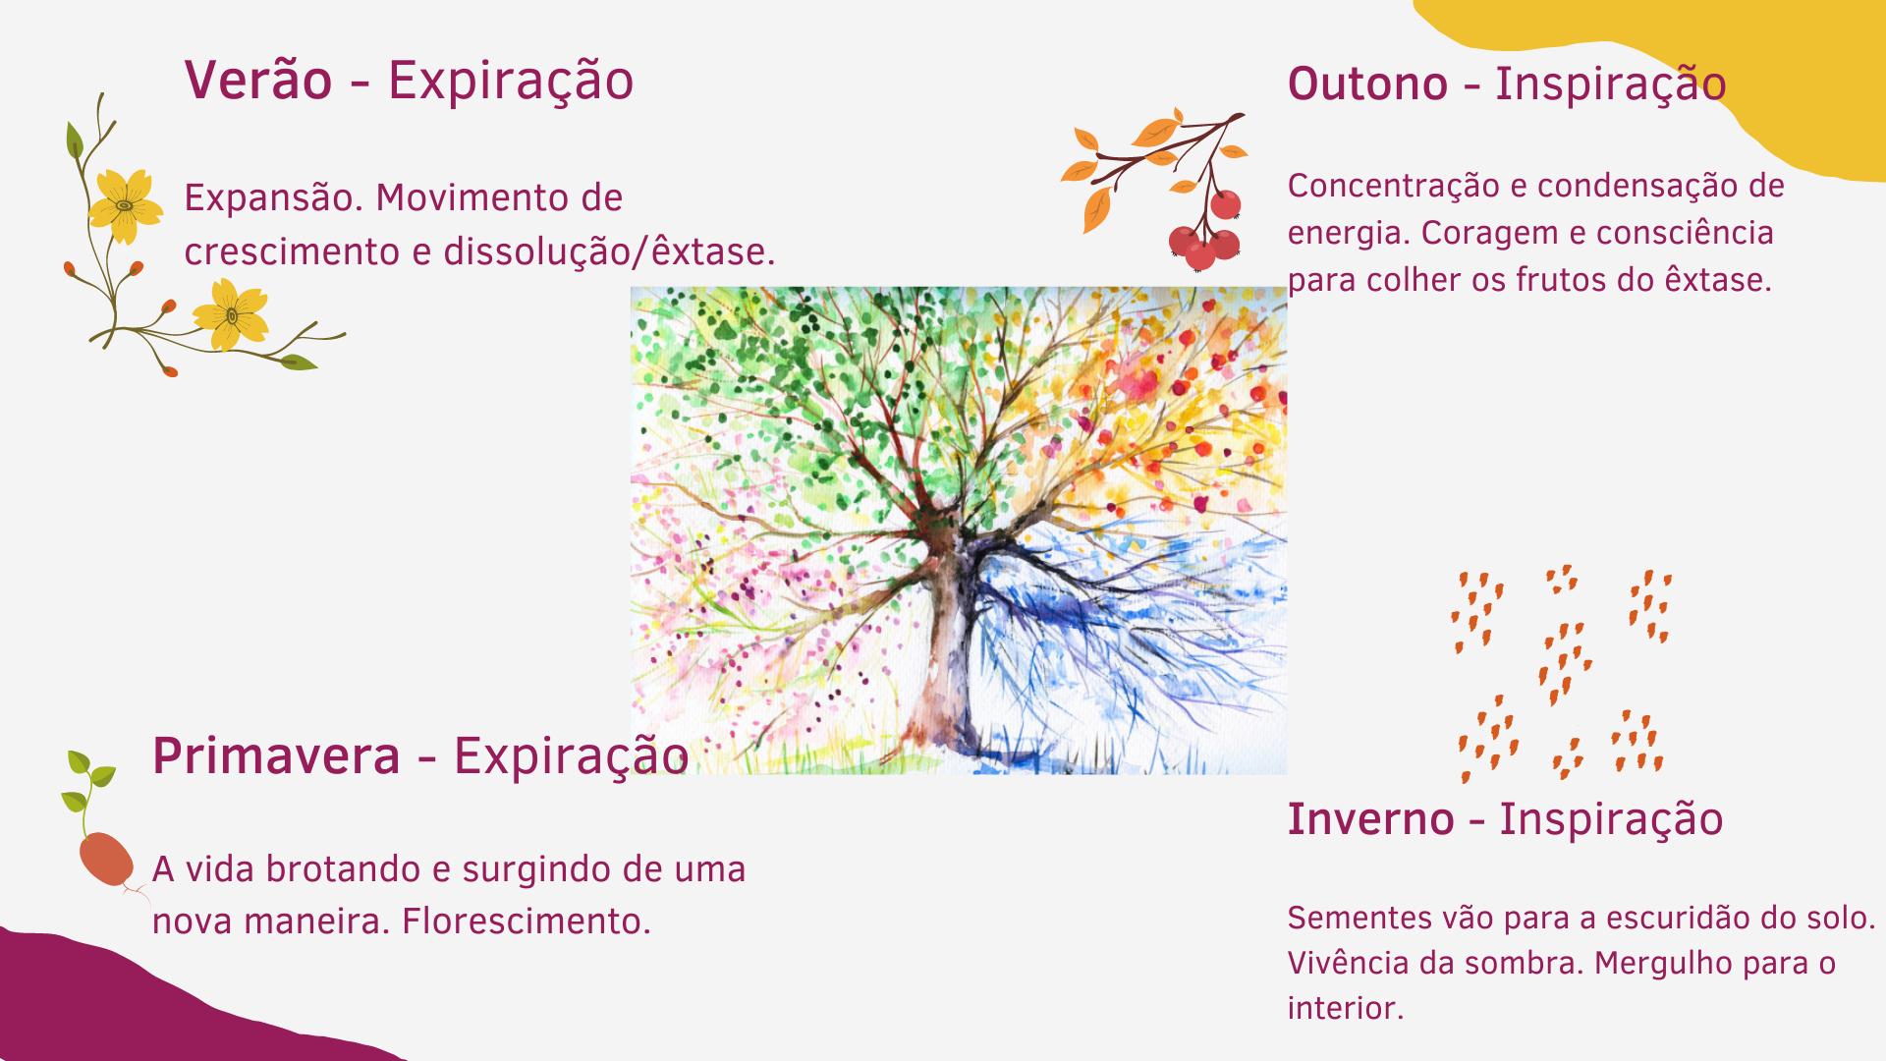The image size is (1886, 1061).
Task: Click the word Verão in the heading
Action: coord(258,80)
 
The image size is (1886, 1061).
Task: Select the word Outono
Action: coord(1367,84)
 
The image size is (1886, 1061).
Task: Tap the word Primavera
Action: coord(276,755)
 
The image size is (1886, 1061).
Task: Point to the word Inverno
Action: coord(1370,819)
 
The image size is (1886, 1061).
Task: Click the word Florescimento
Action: coord(527,921)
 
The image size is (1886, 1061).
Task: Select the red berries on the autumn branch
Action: coord(1206,232)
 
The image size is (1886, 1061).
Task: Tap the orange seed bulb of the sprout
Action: coord(106,860)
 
